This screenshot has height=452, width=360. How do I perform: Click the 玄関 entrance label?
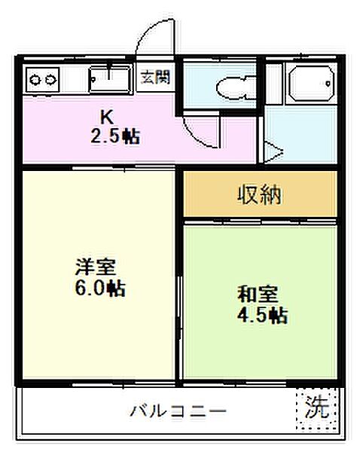coord(156,77)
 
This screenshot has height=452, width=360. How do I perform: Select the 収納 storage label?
coord(260,195)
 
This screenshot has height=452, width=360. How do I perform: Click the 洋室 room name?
coord(94,267)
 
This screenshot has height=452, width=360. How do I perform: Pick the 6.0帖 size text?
coord(99,289)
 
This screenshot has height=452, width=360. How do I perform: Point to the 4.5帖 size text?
coord(261,316)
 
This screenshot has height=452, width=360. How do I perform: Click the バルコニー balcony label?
coord(178,411)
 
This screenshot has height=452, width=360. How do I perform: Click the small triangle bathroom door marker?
coord(271,154)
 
